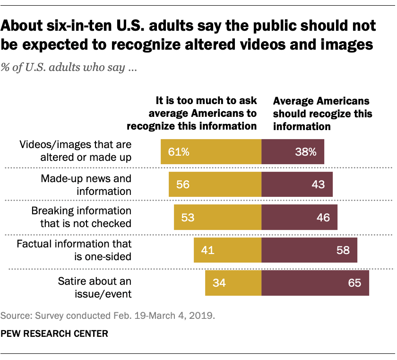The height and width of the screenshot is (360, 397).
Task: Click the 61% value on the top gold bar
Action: (179, 152)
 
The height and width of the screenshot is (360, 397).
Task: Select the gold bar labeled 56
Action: (215, 184)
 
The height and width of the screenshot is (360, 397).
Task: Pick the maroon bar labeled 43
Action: (297, 184)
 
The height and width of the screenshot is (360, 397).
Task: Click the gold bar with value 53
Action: (217, 217)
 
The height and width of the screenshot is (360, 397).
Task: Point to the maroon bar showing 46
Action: (299, 217)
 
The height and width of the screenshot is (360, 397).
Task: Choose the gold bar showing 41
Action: (227, 250)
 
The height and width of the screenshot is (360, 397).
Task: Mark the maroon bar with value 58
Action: (309, 250)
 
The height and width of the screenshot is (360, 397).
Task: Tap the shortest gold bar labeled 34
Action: (233, 283)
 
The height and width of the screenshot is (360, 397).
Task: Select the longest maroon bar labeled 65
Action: (315, 283)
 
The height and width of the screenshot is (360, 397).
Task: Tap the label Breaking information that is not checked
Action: (81, 217)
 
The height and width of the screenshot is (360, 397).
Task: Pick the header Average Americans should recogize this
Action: (323, 114)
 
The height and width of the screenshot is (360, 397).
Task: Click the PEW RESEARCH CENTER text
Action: (54, 334)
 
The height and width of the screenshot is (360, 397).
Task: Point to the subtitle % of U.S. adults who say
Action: (69, 68)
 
